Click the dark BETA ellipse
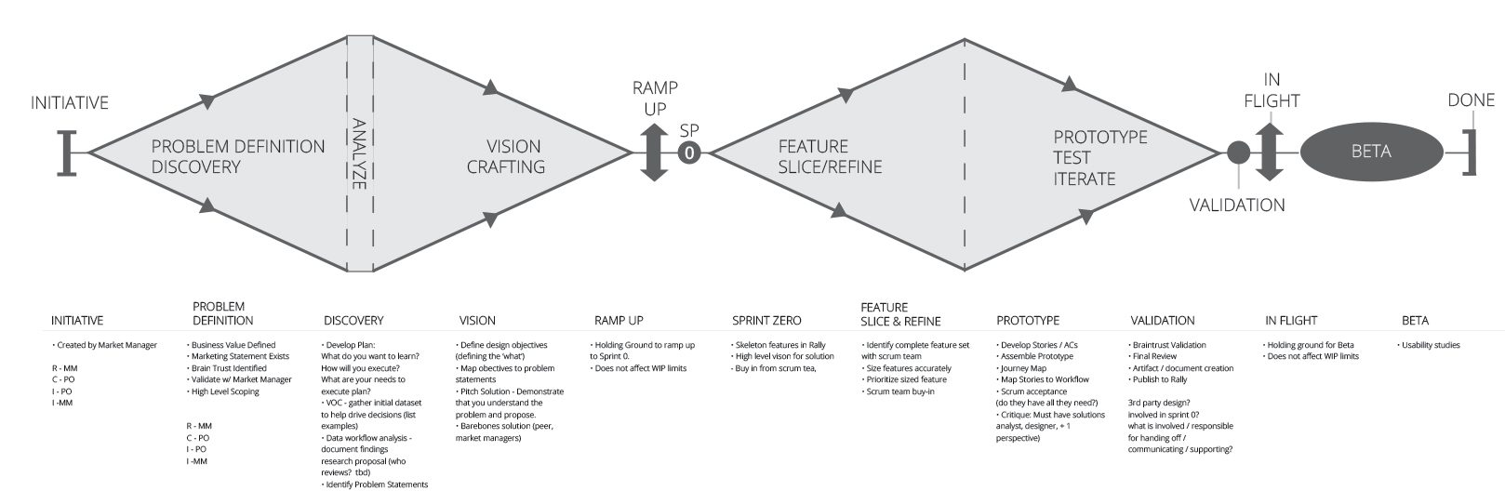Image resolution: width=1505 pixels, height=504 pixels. click(1370, 152)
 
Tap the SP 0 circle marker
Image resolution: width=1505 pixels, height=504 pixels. click(689, 152)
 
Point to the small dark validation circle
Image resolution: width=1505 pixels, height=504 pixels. click(1238, 152)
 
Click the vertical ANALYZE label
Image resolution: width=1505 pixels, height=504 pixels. click(360, 153)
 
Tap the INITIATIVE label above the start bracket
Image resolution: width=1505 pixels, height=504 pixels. click(70, 102)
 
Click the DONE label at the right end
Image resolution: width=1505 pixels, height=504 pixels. click(1471, 100)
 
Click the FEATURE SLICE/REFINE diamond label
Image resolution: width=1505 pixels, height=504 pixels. click(830, 156)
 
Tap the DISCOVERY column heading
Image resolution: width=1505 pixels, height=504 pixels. click(353, 321)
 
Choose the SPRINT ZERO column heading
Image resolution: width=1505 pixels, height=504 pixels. click(766, 321)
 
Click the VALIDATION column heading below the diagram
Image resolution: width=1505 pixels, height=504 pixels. click(1162, 321)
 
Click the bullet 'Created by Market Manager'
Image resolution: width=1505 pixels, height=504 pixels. click(106, 345)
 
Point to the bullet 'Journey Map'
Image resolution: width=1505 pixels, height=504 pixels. click(1022, 368)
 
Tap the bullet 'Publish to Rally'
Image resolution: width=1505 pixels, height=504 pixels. click(1160, 380)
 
